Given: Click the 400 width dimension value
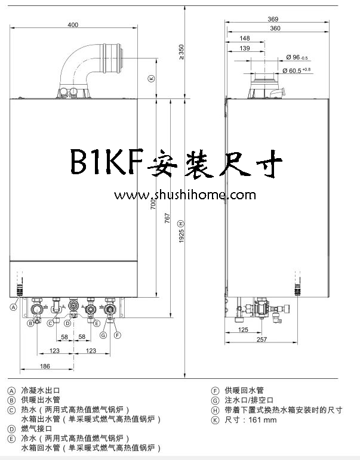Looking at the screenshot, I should [x=73, y=25].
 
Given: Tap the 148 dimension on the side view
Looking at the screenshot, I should [x=244, y=39].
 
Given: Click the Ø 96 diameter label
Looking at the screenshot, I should [x=296, y=57].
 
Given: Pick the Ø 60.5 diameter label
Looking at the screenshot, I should [x=299, y=70].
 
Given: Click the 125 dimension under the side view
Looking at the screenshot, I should [x=243, y=329].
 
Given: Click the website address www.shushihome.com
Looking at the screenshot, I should [x=186, y=195].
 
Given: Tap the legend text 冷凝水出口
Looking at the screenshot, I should [x=41, y=390].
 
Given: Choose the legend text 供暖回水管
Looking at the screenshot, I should [x=245, y=390].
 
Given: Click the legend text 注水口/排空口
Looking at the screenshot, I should [x=249, y=400].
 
